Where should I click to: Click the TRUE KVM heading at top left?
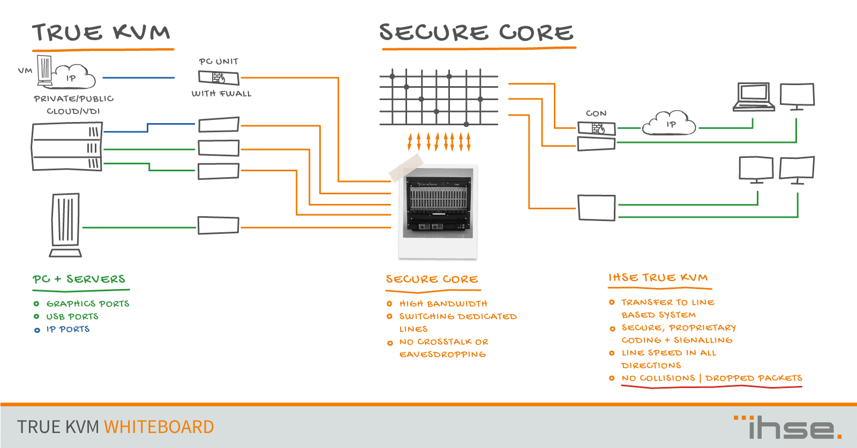coord(101,33)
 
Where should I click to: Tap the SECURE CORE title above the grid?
coord(476,33)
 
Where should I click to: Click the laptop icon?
coord(754,97)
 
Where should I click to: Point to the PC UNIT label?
coord(219,62)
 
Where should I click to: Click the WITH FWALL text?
coord(221,94)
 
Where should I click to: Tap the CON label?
coord(596,113)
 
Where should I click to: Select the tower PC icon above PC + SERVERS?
coord(66,225)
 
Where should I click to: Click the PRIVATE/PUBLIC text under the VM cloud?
coord(73,99)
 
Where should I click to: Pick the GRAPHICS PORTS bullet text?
coord(88,303)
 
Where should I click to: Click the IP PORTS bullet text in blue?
coord(68,329)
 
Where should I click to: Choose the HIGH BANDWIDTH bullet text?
coord(443,303)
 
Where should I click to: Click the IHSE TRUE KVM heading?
coord(658,277)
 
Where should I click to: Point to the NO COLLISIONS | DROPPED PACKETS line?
coord(711,378)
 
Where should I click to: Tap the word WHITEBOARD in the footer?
coord(159,427)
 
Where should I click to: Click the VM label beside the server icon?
coord(25,70)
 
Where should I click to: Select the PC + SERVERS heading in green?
coord(79,279)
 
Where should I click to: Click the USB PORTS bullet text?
coord(72,316)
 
